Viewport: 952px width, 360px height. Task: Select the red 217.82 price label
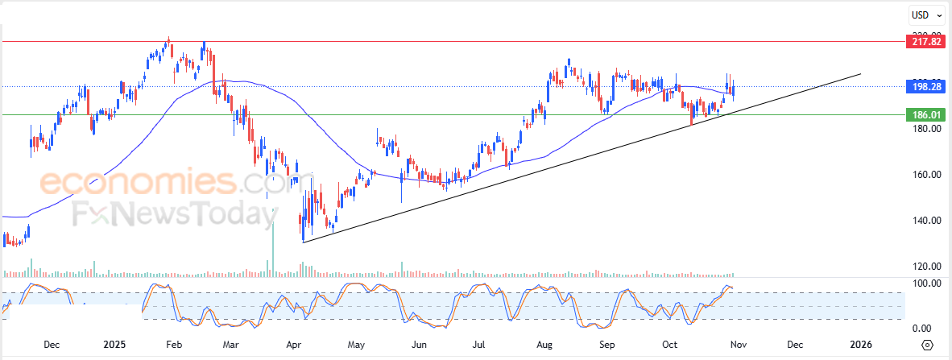pos(925,41)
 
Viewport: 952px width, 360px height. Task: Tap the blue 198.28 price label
pos(925,85)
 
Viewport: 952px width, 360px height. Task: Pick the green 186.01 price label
pos(925,115)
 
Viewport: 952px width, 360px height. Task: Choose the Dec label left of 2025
pos(52,345)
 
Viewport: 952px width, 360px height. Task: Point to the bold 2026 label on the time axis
pos(861,345)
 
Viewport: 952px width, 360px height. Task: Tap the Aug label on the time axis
pos(544,345)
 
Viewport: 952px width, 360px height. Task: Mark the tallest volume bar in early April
pos(273,242)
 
